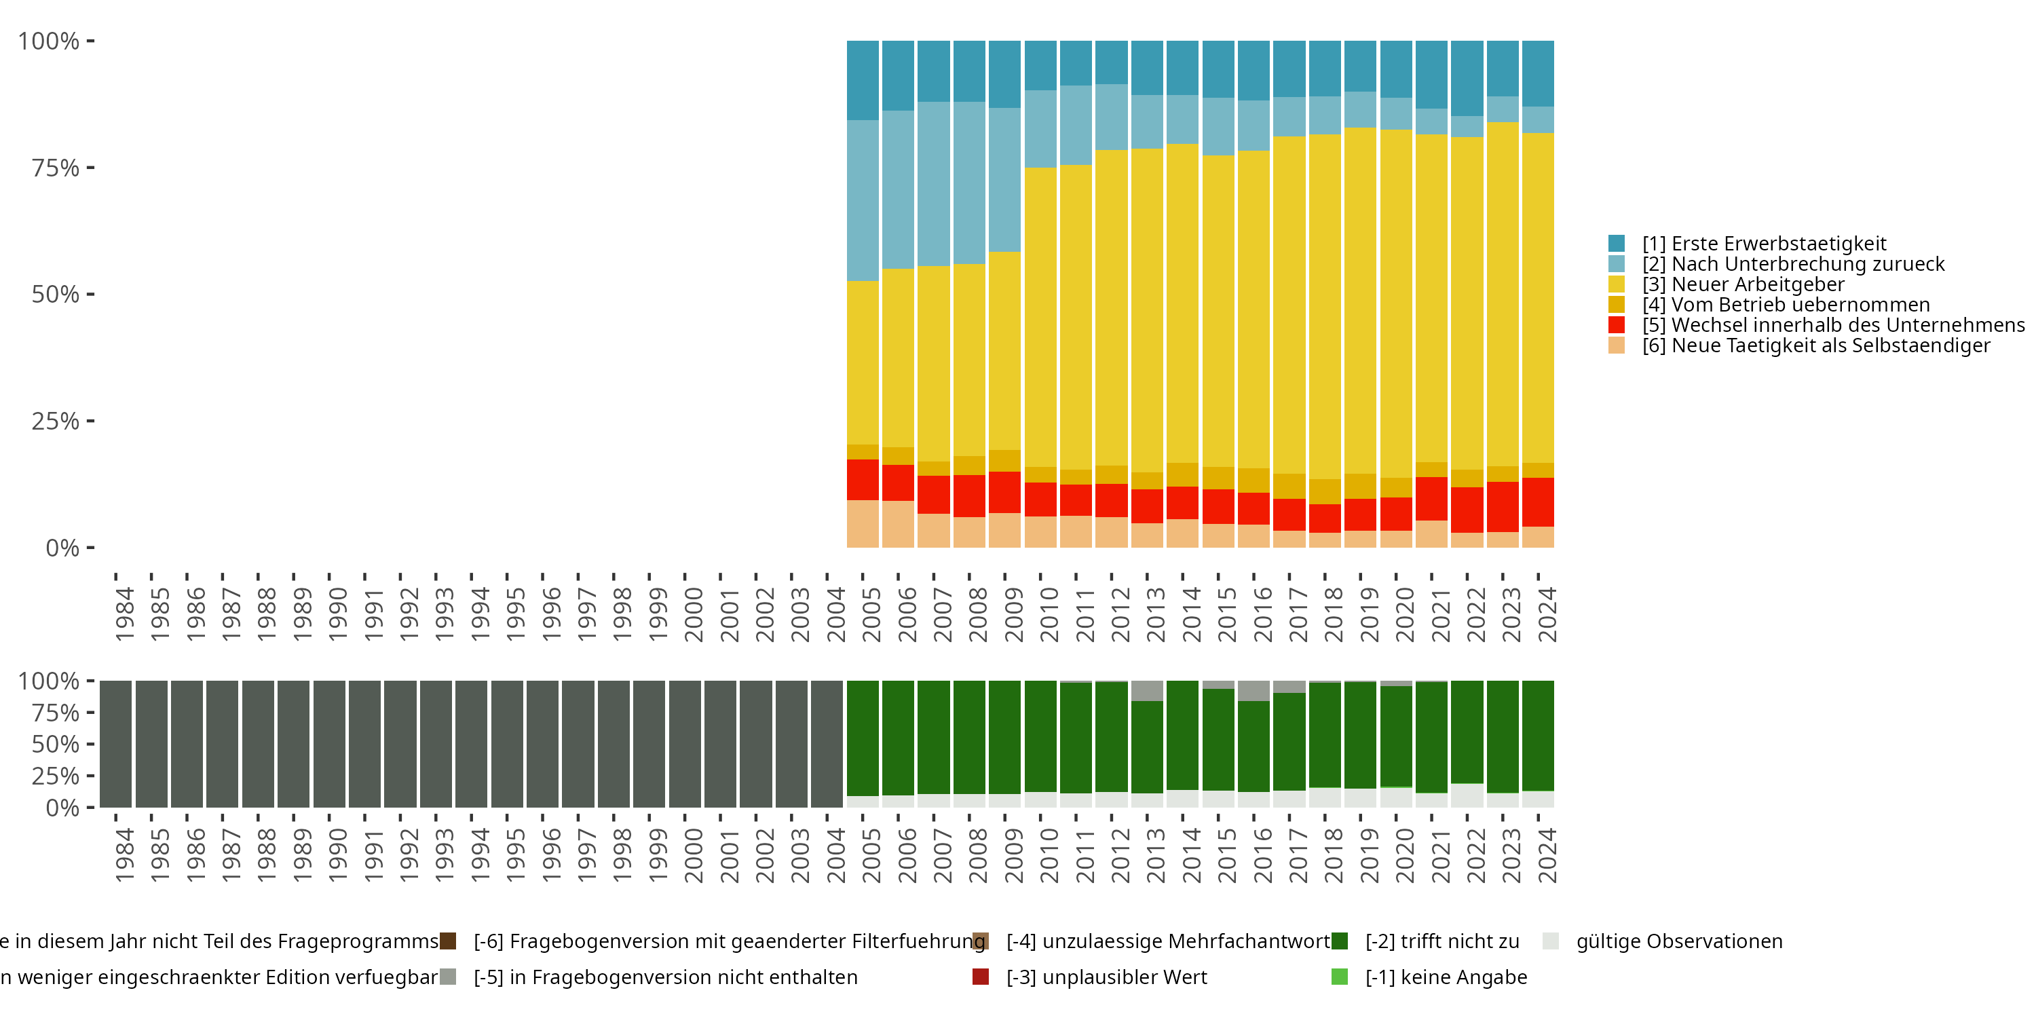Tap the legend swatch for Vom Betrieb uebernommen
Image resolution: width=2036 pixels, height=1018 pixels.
(1617, 305)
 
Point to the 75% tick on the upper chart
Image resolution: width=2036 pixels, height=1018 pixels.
(56, 168)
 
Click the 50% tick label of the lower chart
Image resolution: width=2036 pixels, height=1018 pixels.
(56, 744)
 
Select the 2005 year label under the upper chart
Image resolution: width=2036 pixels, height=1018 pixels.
(871, 614)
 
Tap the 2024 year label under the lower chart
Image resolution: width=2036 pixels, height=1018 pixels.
(1547, 855)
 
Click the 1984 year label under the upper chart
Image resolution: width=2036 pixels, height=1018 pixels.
(124, 614)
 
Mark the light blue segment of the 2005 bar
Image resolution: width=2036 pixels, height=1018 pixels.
(863, 201)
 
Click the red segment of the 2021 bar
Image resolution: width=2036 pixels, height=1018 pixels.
(1431, 499)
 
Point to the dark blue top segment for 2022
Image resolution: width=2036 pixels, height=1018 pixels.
(1467, 78)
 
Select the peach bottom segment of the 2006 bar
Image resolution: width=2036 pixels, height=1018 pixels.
(898, 524)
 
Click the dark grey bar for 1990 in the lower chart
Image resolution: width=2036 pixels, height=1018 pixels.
(328, 744)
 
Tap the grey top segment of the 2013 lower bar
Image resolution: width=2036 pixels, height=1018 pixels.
(1147, 691)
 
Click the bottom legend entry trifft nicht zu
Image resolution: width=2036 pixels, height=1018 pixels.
(1441, 941)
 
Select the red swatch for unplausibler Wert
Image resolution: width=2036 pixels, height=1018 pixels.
(981, 977)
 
